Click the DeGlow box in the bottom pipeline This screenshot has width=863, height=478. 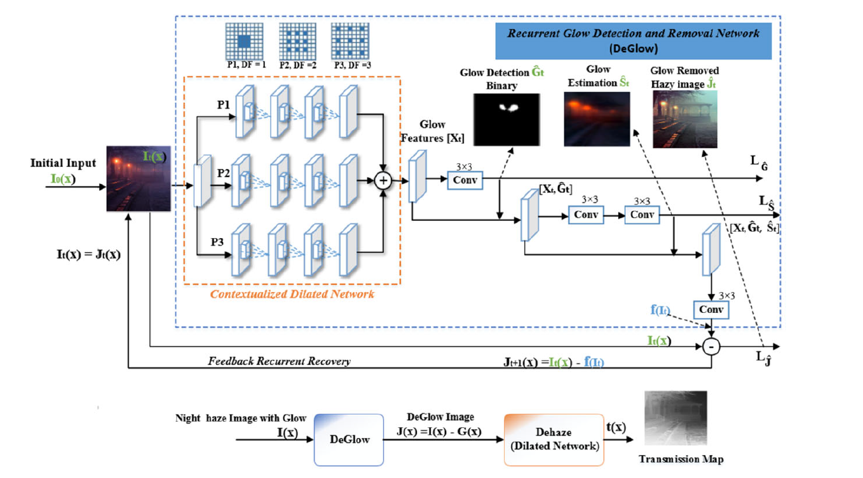click(x=350, y=439)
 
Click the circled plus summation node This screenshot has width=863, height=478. click(x=383, y=181)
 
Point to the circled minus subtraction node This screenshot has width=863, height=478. click(x=712, y=347)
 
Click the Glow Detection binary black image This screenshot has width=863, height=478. click(x=506, y=119)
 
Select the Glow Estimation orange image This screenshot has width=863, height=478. click(x=597, y=119)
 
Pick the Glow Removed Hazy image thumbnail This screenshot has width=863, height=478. click(x=684, y=119)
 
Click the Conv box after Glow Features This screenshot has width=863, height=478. click(x=466, y=181)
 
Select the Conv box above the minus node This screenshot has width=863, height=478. click(x=712, y=310)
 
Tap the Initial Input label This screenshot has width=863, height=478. click(x=63, y=163)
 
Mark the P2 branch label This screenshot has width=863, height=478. click(x=223, y=171)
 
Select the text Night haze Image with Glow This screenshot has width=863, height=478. click(x=241, y=418)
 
